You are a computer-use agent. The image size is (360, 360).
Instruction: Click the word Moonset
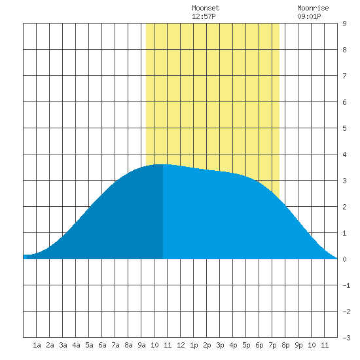point(206,8)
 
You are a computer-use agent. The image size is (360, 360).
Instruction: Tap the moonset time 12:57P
point(204,16)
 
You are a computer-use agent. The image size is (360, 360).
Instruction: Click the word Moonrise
point(313,8)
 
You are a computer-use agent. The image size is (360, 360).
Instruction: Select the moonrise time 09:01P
point(309,16)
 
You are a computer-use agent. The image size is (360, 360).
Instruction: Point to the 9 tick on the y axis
point(344,24)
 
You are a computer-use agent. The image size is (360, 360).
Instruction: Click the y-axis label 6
point(344,102)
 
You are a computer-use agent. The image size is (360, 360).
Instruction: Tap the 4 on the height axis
point(344,154)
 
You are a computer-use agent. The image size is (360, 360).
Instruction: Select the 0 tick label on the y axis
point(344,259)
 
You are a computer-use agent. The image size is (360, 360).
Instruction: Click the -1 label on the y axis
point(346,285)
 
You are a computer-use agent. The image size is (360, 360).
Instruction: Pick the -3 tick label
point(346,338)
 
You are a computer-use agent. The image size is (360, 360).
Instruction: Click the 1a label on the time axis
point(37,345)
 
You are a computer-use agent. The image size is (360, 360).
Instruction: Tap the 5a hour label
point(89,345)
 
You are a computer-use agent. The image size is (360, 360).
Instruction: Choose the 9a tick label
point(141,345)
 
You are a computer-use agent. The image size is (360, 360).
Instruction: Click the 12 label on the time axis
point(181,345)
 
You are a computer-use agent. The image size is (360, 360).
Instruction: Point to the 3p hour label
point(220,345)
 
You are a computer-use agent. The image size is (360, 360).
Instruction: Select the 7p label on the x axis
point(272,345)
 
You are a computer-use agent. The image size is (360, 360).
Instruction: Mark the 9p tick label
point(298,345)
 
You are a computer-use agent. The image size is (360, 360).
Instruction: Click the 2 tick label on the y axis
point(344,207)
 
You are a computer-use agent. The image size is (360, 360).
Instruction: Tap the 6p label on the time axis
point(259,345)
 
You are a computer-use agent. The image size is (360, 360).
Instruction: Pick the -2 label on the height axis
point(346,312)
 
